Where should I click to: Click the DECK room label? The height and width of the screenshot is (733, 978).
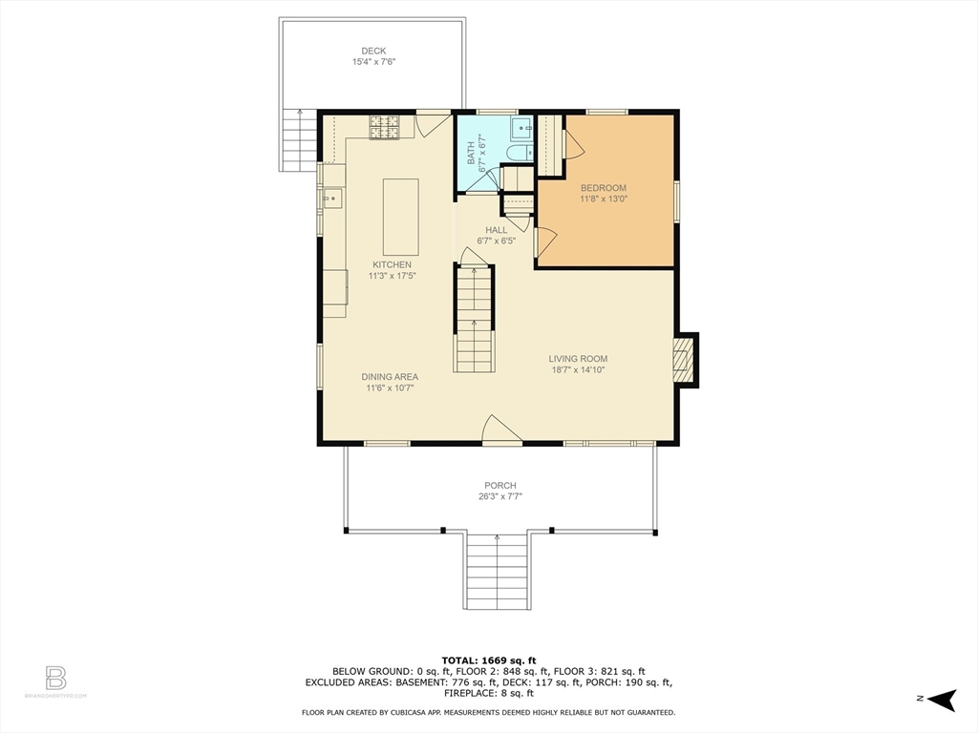(x=373, y=52)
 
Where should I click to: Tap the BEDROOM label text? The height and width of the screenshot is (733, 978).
(x=604, y=188)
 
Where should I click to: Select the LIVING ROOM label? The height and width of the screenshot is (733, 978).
(x=578, y=359)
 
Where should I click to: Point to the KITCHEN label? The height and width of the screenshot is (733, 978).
(x=392, y=265)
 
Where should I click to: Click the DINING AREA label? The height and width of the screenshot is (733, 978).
(x=390, y=376)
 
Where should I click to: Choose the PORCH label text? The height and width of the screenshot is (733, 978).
(x=500, y=486)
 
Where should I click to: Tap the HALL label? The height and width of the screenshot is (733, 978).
(x=497, y=230)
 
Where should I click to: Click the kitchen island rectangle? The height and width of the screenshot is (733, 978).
(x=400, y=217)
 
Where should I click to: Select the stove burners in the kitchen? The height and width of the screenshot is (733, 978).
(x=384, y=128)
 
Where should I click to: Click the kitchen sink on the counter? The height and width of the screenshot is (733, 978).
(x=332, y=199)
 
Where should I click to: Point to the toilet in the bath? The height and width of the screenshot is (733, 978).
(x=519, y=153)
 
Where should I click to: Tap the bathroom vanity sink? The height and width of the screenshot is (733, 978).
(x=521, y=129)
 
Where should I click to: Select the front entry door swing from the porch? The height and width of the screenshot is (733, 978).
(x=502, y=429)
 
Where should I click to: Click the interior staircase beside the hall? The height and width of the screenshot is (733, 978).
(x=474, y=319)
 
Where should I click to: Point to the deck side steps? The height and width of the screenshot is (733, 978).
(x=299, y=139)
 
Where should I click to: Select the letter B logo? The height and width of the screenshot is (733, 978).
(x=55, y=679)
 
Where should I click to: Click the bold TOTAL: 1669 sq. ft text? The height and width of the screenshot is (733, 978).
(x=489, y=660)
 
